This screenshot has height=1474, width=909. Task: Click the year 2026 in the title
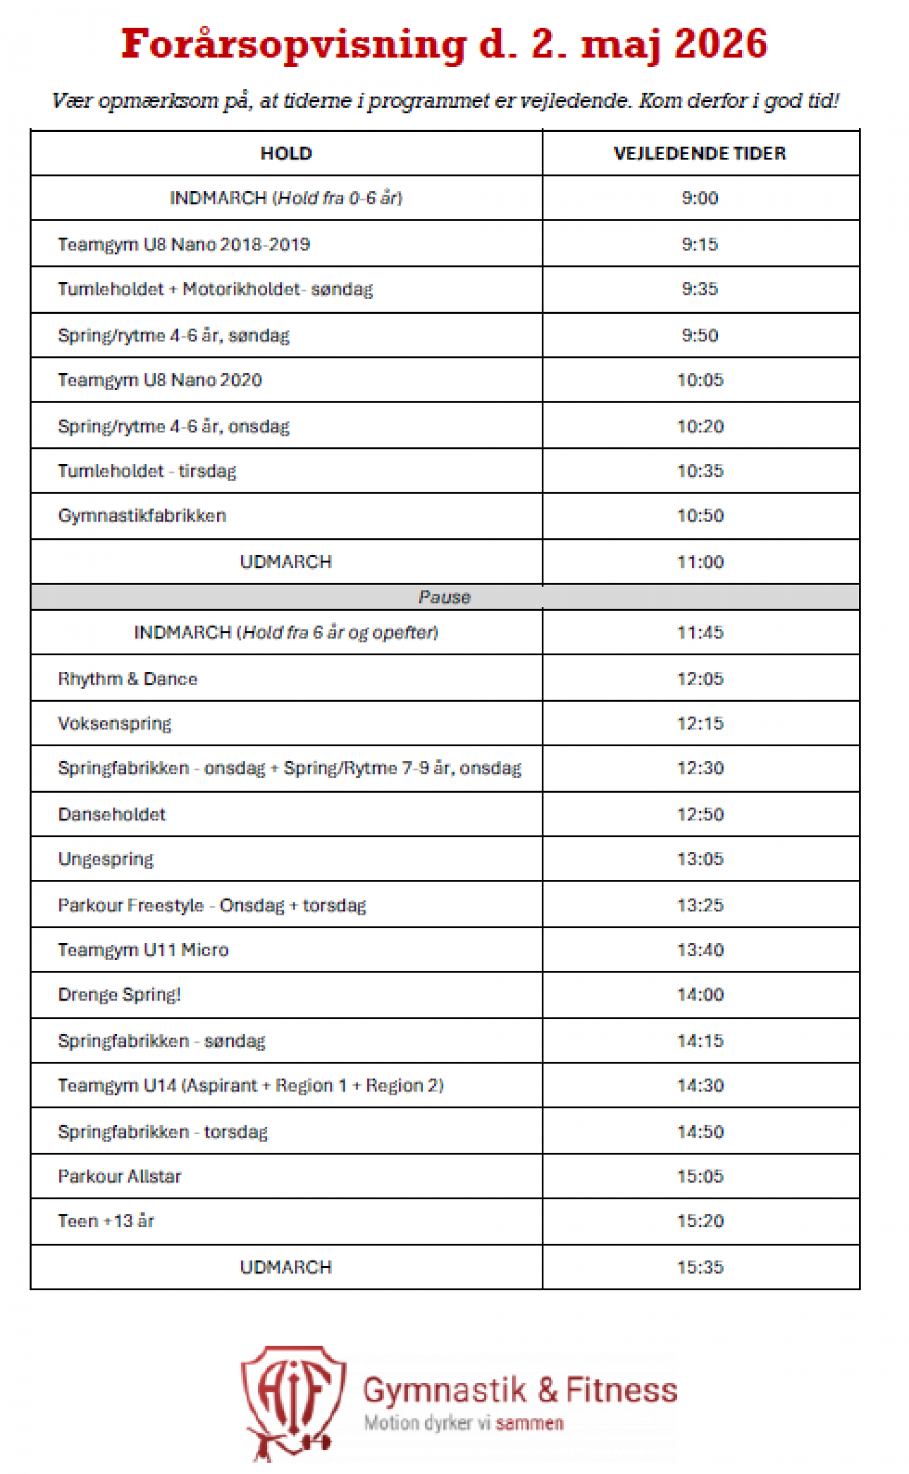(720, 44)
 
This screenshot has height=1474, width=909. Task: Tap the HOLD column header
(286, 153)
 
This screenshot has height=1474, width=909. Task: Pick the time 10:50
(700, 515)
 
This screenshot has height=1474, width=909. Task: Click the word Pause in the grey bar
(444, 597)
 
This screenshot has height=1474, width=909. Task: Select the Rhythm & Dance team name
(127, 679)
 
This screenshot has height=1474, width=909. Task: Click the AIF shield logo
(293, 1401)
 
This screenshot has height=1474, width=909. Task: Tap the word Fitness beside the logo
(621, 1390)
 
